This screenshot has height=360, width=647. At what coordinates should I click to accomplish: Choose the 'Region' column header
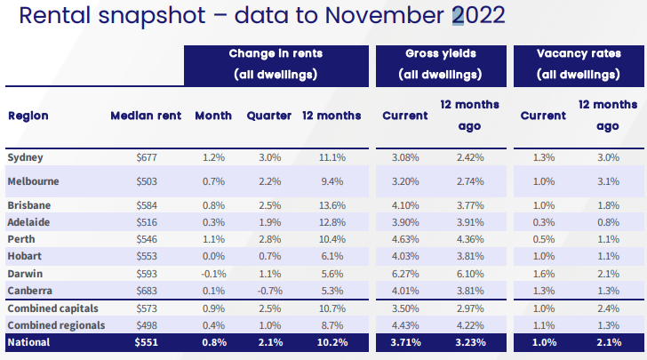[28, 116]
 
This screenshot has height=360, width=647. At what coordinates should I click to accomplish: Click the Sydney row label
[26, 157]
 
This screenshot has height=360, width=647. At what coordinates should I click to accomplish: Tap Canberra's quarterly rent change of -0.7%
[269, 291]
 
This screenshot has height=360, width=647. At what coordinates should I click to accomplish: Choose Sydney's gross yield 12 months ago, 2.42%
[469, 157]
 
